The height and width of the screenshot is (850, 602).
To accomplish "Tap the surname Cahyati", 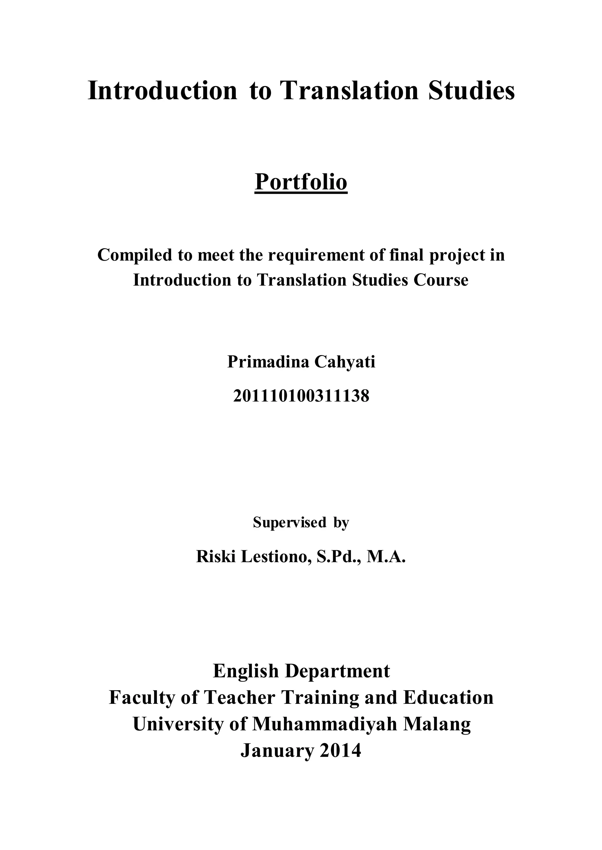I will click(x=345, y=362).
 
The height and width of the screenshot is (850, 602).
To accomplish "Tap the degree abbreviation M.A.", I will click(x=386, y=556).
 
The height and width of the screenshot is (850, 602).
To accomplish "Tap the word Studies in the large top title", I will click(x=471, y=91).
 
